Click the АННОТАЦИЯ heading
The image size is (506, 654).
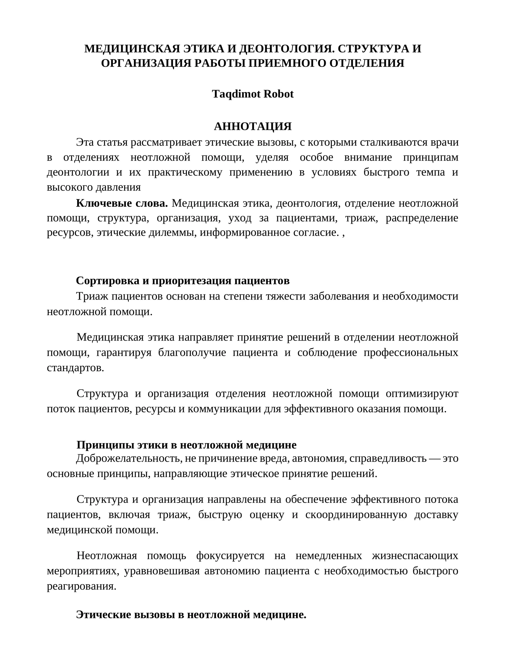[253, 126]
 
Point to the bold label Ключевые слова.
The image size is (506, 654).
[122, 203]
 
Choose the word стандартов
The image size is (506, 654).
[75, 368]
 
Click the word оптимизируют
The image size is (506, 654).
[422, 394]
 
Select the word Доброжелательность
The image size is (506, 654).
[128, 458]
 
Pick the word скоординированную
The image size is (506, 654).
[356, 515]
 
